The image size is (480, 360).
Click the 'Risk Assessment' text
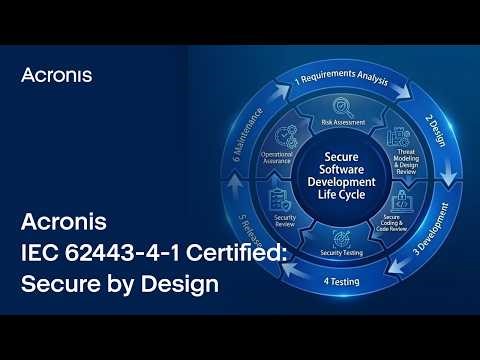pyautogui.click(x=342, y=122)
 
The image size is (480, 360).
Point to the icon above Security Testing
pyautogui.click(x=342, y=238)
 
